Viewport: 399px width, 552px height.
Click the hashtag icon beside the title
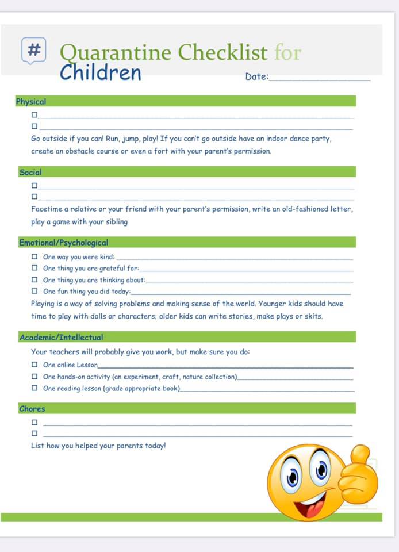[x=34, y=50]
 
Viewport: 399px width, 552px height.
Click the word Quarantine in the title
[x=116, y=52]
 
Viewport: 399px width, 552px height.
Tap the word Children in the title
[x=101, y=73]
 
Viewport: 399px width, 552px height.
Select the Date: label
[x=256, y=76]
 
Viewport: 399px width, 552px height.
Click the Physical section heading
[x=31, y=101]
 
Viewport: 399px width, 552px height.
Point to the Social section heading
[x=30, y=172]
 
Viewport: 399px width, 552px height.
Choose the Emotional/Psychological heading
[x=63, y=243]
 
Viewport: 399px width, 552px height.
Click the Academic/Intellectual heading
[x=61, y=338]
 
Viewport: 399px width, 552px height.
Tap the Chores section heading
[x=32, y=409]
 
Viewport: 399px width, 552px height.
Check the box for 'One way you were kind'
[x=34, y=257]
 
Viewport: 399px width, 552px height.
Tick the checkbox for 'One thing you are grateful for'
[x=34, y=268]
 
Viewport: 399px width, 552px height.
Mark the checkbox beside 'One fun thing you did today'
[x=34, y=291]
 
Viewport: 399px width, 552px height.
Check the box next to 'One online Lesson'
[x=34, y=365]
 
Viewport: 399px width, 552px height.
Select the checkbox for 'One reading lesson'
[x=34, y=388]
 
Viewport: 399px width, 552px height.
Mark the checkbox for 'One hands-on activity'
[x=34, y=377]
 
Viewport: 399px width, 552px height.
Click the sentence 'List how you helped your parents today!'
[x=98, y=446]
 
